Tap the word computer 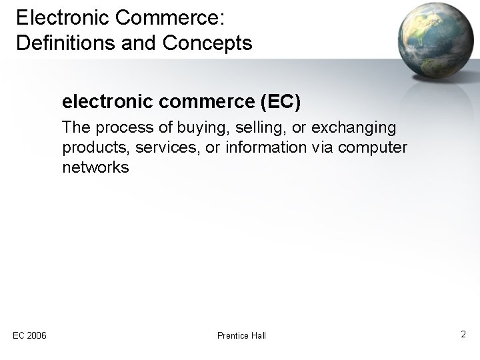[373, 147]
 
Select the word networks [95, 167]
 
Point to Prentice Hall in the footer [241, 335]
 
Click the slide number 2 [463, 333]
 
